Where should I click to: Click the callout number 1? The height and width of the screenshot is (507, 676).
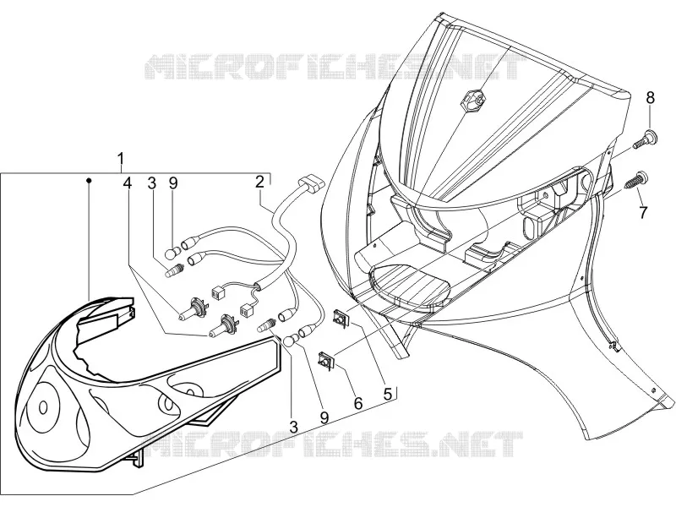[x=122, y=159]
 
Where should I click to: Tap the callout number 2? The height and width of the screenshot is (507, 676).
[x=259, y=182]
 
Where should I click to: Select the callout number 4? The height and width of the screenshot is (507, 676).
[x=127, y=183]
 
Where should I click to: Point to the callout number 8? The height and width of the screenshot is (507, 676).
[x=650, y=98]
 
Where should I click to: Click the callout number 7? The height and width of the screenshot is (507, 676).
[x=643, y=212]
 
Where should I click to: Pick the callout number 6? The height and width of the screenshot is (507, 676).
[x=358, y=403]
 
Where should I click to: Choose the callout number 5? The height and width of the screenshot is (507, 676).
[x=388, y=393]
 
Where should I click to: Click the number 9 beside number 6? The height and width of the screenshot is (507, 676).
[x=324, y=417]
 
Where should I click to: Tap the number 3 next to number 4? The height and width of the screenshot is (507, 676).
[x=151, y=183]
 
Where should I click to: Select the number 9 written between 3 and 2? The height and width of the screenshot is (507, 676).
[x=173, y=183]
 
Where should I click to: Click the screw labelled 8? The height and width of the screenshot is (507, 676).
[x=645, y=139]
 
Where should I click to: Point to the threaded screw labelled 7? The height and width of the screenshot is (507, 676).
[x=637, y=179]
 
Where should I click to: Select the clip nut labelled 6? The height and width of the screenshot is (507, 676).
[x=326, y=360]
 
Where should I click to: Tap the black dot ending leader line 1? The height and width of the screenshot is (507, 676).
[x=90, y=179]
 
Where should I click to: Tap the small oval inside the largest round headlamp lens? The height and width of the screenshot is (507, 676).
[x=43, y=407]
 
